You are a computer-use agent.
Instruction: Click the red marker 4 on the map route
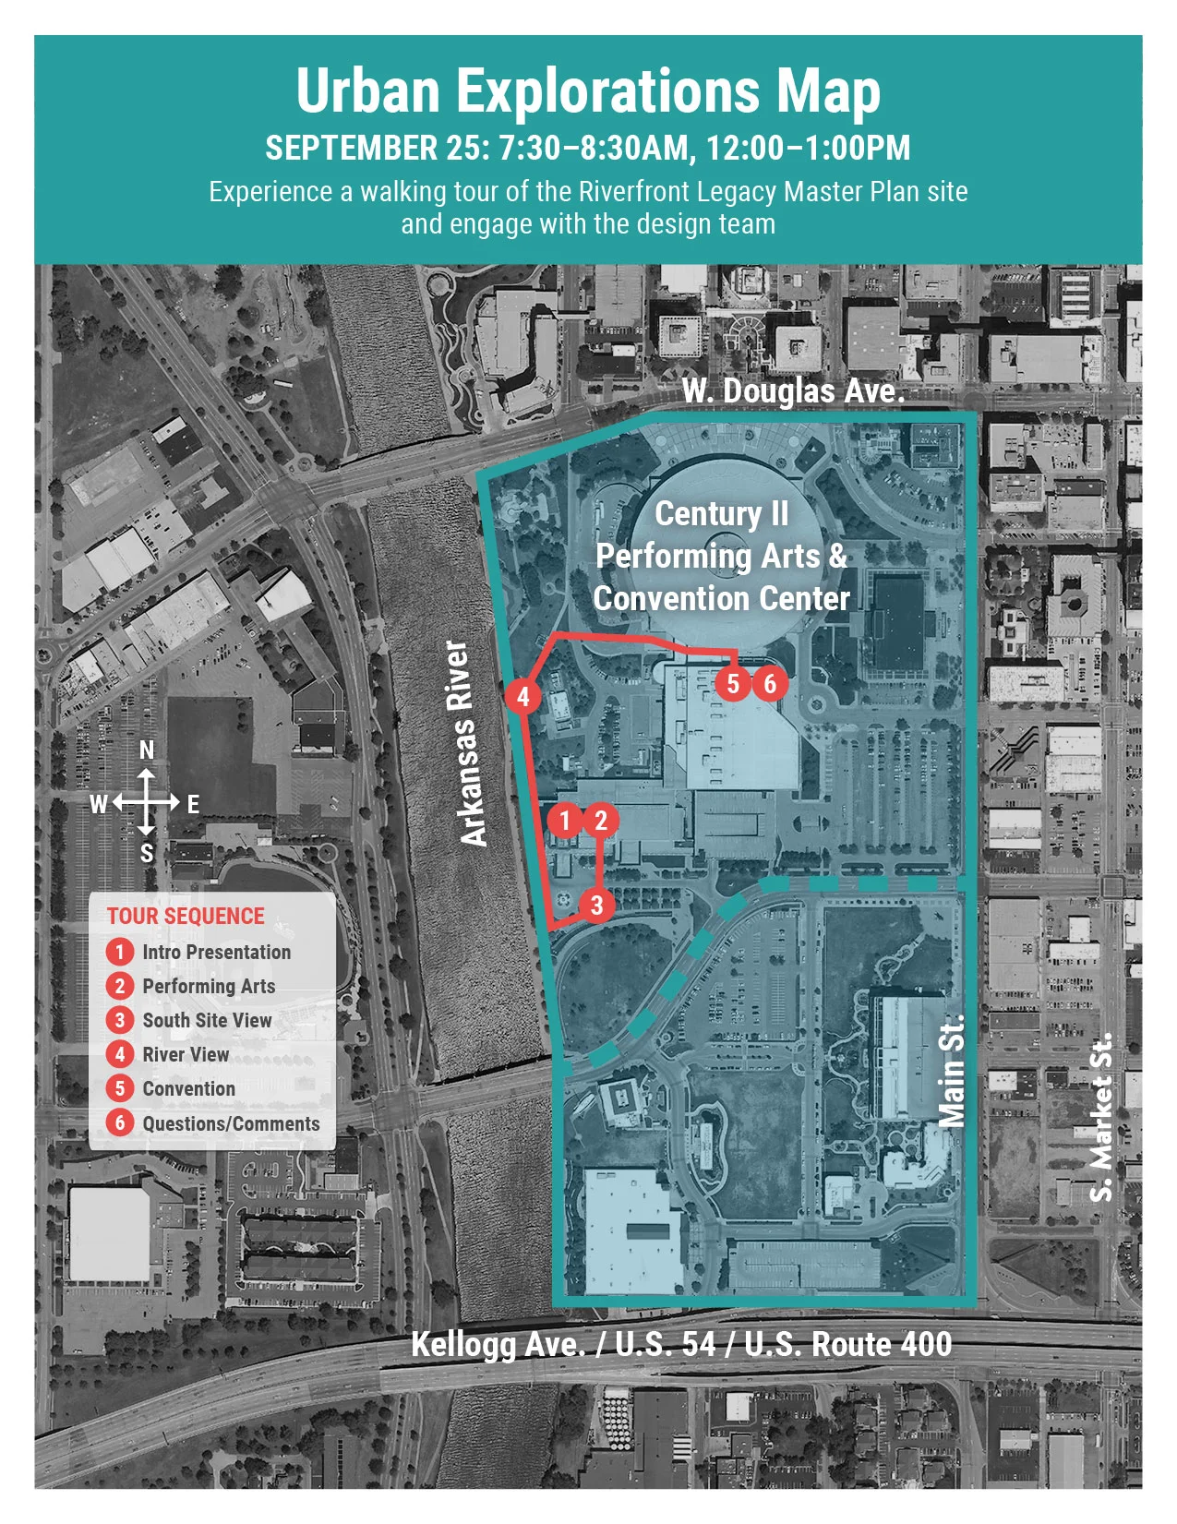[523, 696]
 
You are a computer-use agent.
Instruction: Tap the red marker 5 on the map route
[733, 683]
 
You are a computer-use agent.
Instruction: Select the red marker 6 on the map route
[770, 683]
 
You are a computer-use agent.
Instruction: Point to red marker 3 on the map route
[596, 905]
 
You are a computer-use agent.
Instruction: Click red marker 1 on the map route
[565, 820]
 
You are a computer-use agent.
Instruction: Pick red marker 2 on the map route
[601, 820]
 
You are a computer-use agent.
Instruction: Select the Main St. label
[952, 1070]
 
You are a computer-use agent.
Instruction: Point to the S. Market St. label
[1101, 1117]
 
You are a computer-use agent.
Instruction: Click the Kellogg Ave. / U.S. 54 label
[681, 1344]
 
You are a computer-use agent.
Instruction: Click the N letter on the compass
[147, 750]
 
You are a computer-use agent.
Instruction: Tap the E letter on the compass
[193, 804]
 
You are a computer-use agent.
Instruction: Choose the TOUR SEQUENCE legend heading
[186, 916]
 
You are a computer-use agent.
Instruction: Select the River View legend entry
[185, 1054]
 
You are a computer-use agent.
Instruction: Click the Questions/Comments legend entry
[231, 1123]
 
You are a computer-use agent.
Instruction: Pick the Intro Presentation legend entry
[216, 952]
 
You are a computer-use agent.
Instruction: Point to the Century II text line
[722, 513]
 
